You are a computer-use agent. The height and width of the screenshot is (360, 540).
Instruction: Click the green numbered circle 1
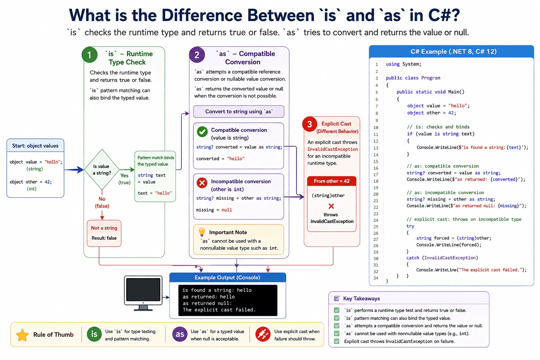tap(89, 55)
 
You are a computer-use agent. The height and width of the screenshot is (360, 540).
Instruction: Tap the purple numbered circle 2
tap(197, 55)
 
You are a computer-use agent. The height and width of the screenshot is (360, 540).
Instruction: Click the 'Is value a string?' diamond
tap(102, 169)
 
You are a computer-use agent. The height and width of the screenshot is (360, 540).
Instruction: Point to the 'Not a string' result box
tap(104, 233)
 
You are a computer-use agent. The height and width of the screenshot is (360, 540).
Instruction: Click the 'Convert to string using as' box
tap(239, 111)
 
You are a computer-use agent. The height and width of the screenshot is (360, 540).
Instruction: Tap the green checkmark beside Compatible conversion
tap(202, 131)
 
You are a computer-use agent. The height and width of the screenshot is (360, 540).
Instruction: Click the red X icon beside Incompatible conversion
tap(202, 183)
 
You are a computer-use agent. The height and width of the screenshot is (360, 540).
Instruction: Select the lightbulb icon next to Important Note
tap(202, 232)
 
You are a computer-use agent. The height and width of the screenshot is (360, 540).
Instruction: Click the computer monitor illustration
tap(143, 293)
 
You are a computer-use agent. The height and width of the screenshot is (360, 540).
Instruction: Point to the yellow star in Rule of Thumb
tap(22, 335)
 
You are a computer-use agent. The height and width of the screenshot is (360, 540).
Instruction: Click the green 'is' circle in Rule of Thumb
tap(94, 334)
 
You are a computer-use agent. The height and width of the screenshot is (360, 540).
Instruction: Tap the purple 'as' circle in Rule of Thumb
tap(180, 334)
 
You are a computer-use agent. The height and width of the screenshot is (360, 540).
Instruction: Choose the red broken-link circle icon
tap(263, 334)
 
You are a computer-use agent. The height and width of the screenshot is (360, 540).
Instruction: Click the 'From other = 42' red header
tap(332, 181)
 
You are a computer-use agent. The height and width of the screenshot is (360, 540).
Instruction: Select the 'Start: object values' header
tap(36, 146)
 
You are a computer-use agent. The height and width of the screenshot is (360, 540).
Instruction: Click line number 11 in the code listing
tap(376, 134)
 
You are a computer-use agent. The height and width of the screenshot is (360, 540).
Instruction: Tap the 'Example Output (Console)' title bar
tap(227, 277)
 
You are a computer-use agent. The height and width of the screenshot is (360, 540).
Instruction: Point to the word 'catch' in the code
tap(413, 258)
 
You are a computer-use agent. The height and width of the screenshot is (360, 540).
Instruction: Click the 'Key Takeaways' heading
tap(361, 298)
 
